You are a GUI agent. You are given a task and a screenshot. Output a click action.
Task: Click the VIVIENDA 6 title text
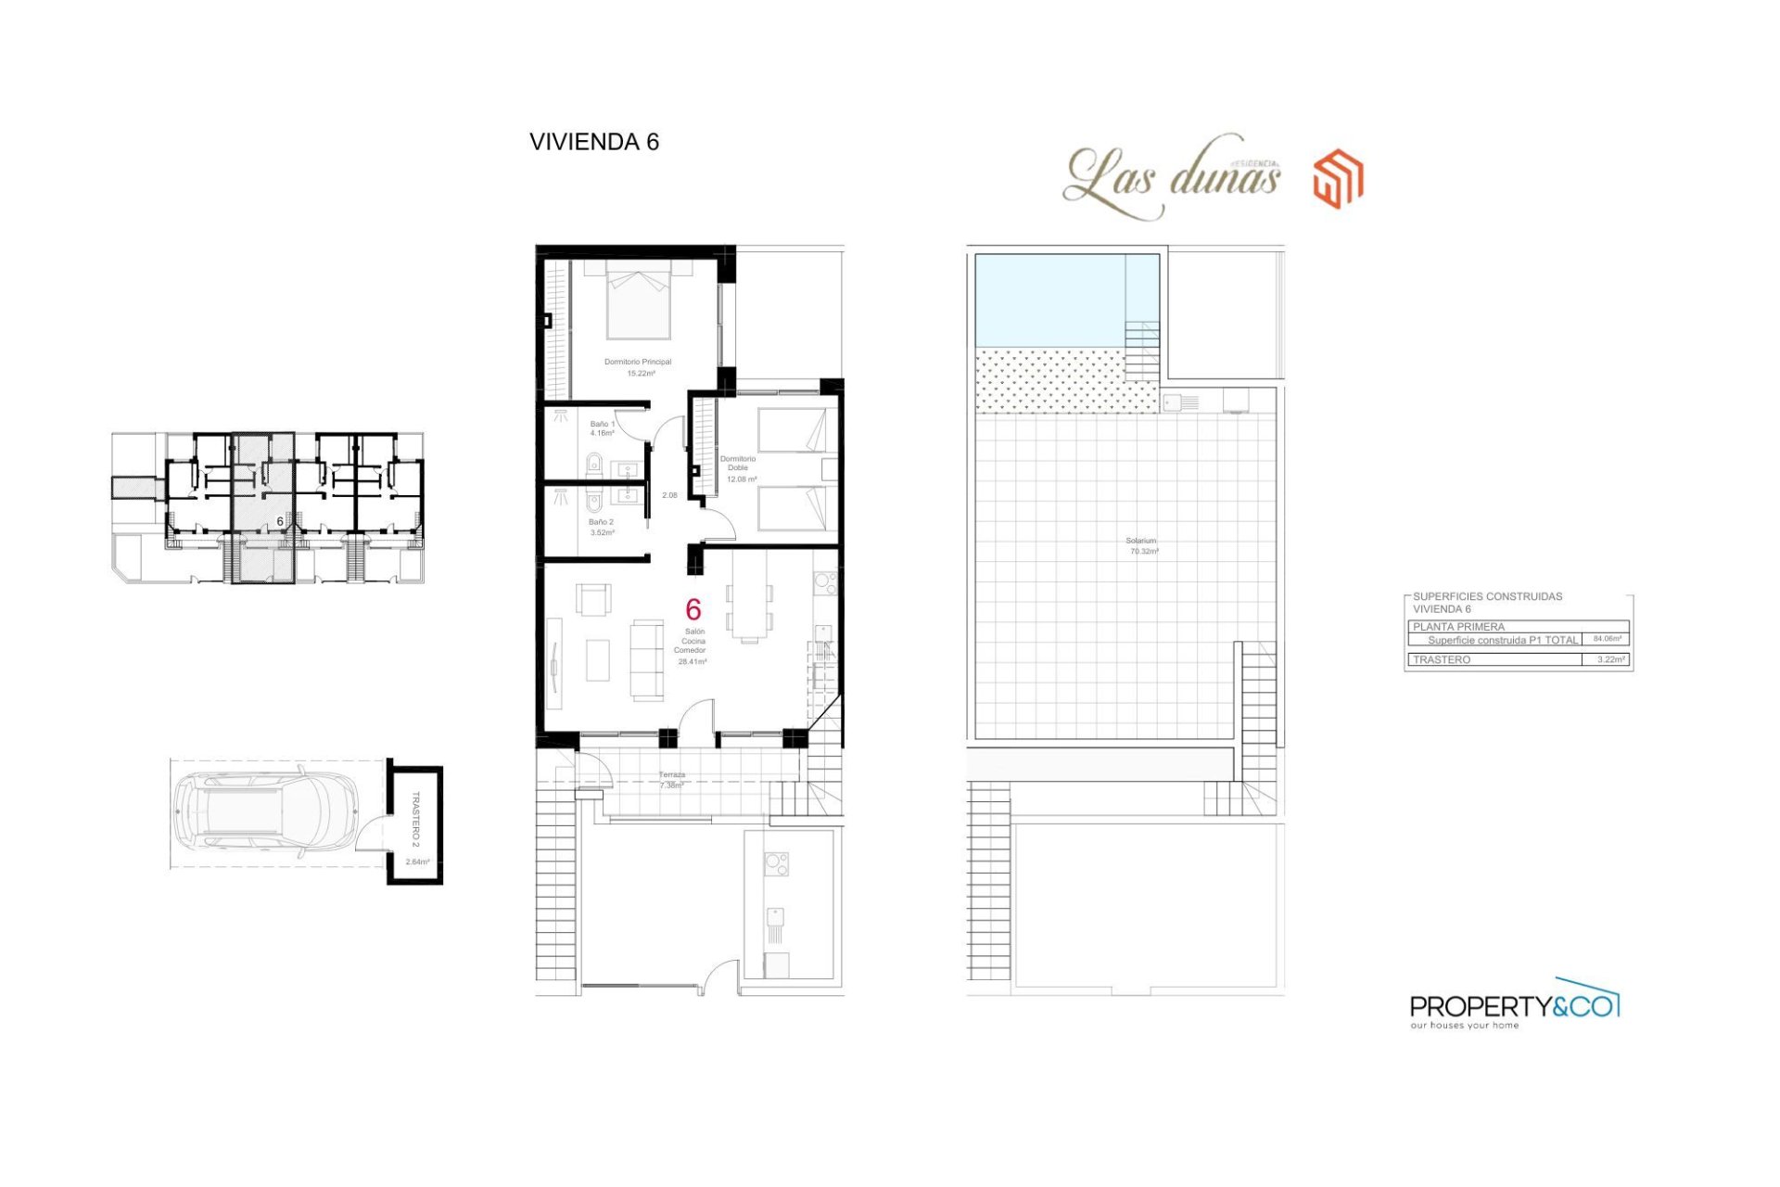593,142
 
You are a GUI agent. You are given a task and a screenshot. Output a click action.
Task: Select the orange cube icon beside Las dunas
1338,178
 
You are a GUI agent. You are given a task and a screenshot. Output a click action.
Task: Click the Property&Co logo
1514,1005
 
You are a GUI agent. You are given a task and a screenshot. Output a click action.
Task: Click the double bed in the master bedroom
638,301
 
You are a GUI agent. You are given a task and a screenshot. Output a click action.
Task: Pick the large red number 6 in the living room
693,609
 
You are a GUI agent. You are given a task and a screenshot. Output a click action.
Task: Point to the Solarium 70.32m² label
1142,545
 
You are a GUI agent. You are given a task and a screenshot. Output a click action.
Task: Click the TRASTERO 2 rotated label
415,819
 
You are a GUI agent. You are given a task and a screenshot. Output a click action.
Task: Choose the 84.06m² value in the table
1607,639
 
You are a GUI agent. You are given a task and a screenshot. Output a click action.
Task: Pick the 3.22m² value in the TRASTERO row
1610,659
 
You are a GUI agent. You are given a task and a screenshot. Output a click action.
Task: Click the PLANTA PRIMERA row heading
1458,627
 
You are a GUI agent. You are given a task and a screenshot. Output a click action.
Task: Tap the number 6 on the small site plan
280,521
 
